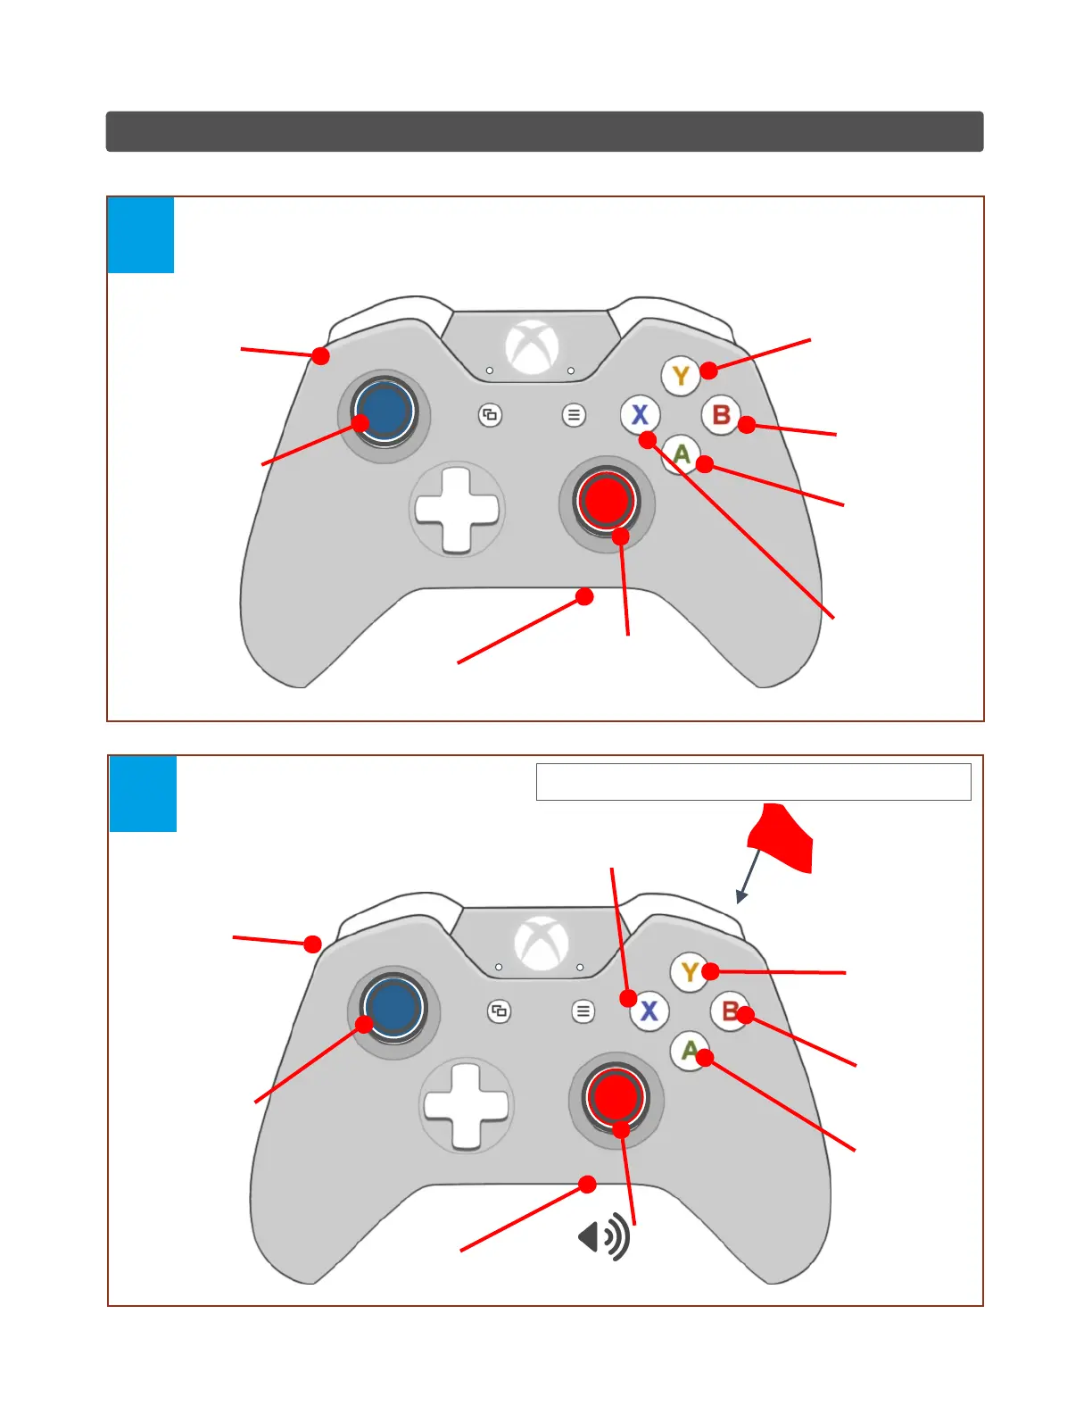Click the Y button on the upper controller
click(x=681, y=376)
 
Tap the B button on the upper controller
click(x=721, y=415)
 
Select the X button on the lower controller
click(x=649, y=1011)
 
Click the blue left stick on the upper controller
click(x=385, y=411)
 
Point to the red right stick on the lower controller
click(x=615, y=1094)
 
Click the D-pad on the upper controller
click(x=457, y=509)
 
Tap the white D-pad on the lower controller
click(x=467, y=1104)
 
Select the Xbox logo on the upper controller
click(x=532, y=346)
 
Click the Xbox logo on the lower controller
click(x=542, y=943)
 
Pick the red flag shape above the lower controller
click(x=782, y=837)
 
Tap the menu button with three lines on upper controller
click(x=574, y=415)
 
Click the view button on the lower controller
click(x=499, y=1011)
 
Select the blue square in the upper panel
click(x=140, y=235)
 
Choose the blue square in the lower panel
click(x=143, y=794)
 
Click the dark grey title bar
click(x=544, y=131)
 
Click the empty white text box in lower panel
click(x=753, y=782)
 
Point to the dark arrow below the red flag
click(x=748, y=878)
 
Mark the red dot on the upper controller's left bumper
click(x=320, y=356)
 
